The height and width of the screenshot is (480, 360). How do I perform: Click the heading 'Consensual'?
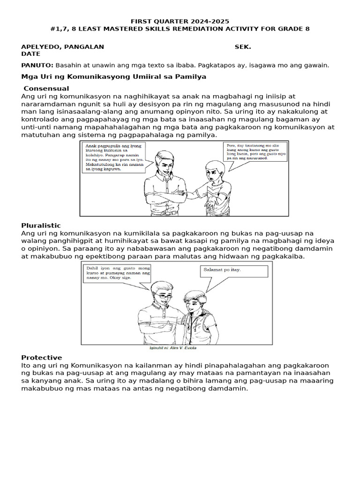[46, 89]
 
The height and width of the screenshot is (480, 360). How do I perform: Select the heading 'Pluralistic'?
[41, 225]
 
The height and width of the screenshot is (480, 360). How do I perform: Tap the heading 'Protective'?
[41, 358]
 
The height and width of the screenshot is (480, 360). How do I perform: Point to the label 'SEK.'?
[242, 47]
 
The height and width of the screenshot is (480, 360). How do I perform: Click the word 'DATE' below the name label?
[31, 54]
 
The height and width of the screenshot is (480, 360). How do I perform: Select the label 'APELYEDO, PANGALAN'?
[63, 47]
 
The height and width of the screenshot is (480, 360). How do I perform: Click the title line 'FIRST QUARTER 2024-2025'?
[180, 22]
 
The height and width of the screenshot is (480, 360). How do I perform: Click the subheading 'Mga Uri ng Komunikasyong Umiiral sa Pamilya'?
[114, 76]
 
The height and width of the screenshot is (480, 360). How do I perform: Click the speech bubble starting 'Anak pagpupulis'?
[112, 158]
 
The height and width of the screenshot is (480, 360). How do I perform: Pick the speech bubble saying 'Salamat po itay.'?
[234, 271]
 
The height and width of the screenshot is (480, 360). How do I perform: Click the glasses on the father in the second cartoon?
[163, 296]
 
